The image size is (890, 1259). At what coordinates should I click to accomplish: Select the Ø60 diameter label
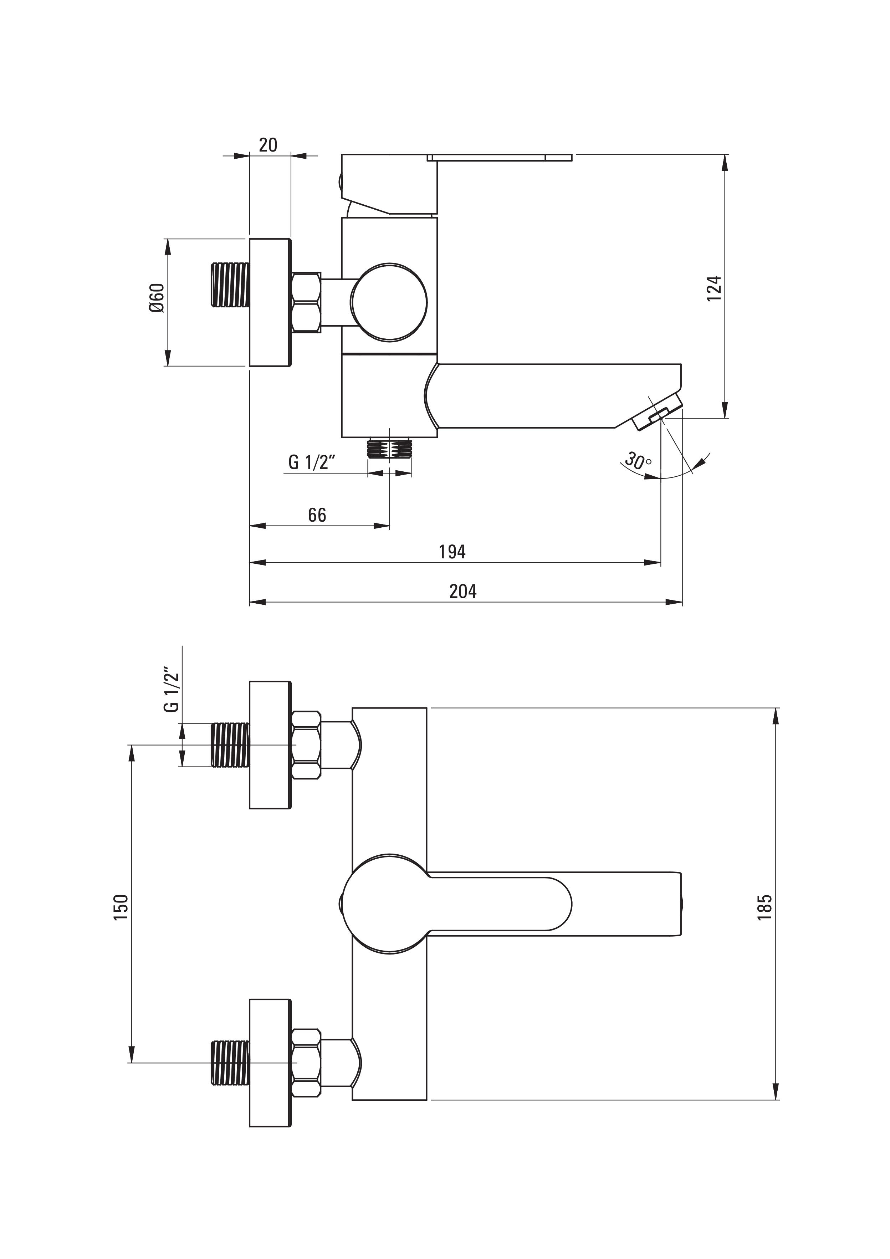pos(156,298)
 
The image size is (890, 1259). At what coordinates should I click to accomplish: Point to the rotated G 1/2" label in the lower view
pos(172,689)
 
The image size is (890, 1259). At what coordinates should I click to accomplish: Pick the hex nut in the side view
pos(307,302)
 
